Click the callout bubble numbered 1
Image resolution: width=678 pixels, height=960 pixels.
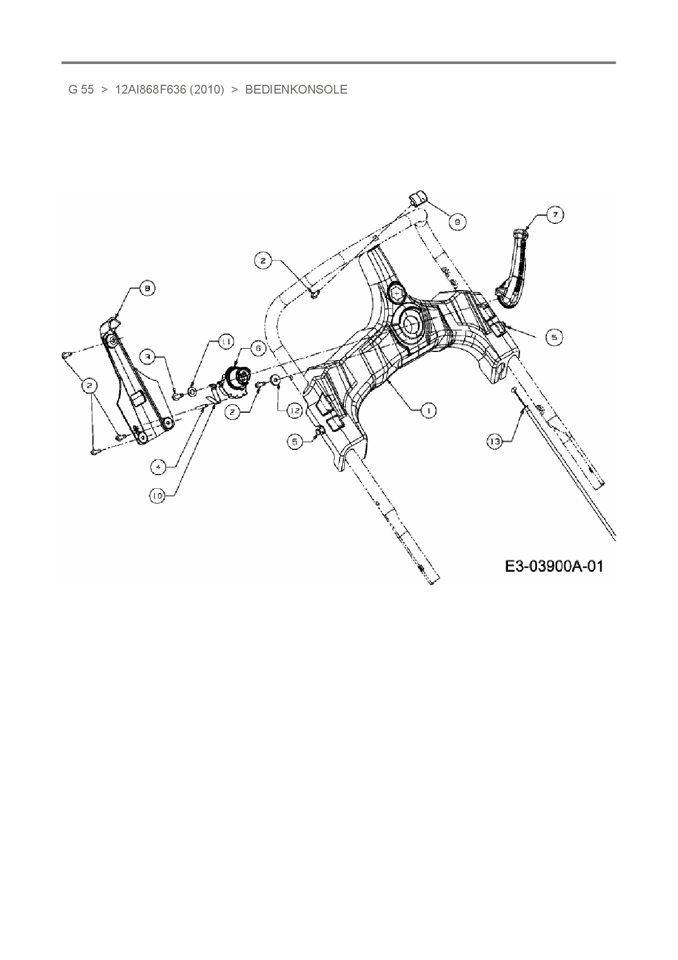(428, 410)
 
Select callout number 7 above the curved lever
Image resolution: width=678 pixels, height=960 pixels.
(556, 215)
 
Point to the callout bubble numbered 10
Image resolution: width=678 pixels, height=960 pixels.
(157, 496)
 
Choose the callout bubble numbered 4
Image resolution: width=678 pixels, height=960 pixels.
(158, 467)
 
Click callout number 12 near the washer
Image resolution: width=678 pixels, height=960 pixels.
(295, 410)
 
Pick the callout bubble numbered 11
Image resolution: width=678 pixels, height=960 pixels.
(225, 342)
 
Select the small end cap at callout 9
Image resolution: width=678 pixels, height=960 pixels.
(418, 198)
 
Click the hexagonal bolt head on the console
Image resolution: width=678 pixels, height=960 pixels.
(398, 294)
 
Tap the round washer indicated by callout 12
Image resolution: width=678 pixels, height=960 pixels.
(275, 380)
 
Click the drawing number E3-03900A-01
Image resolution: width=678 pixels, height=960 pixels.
(554, 566)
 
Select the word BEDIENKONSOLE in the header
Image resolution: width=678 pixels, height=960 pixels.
(296, 90)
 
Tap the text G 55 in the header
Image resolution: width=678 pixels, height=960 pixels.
(81, 90)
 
